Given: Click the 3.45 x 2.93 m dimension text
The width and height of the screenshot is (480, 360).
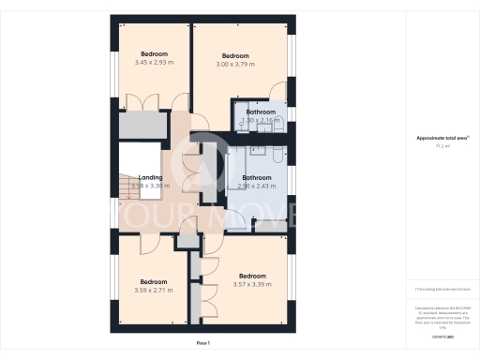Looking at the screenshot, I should [154, 62].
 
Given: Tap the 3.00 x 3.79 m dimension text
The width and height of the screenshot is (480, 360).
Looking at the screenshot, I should [235, 64].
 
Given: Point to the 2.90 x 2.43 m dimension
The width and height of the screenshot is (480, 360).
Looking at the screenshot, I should [256, 186].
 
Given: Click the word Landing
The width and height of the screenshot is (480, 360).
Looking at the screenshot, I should [151, 177].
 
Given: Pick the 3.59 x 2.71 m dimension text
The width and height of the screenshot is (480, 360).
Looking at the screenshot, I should [154, 291].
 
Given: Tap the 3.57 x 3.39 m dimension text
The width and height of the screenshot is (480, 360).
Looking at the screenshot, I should [252, 284].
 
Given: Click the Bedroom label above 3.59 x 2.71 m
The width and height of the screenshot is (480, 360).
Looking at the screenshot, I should [154, 282].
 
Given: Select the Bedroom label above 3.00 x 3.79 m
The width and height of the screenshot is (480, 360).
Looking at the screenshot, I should [235, 55].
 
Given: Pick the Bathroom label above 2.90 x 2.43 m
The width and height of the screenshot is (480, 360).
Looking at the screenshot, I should [256, 177].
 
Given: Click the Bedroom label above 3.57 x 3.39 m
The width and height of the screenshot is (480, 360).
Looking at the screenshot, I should [252, 276].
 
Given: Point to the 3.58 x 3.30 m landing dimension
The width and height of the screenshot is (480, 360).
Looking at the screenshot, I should [151, 186].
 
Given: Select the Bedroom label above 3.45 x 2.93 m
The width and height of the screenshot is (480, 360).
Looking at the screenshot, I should [154, 53].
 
